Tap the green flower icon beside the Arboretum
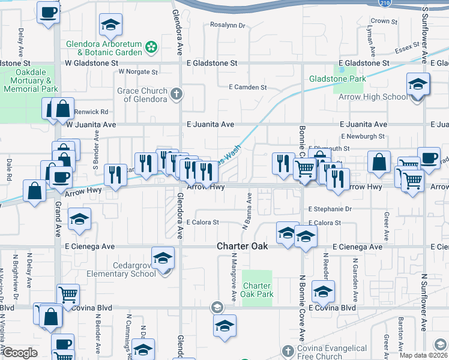tap(151, 46)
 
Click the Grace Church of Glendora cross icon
tap(176, 94)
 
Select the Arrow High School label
tap(378, 97)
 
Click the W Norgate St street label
tap(137, 72)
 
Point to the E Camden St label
tap(248, 87)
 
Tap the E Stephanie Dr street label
tap(330, 209)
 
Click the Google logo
tap(20, 353)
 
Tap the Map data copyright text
tap(423, 355)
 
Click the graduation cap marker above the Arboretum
tap(110, 25)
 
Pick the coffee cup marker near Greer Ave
tap(429, 158)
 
